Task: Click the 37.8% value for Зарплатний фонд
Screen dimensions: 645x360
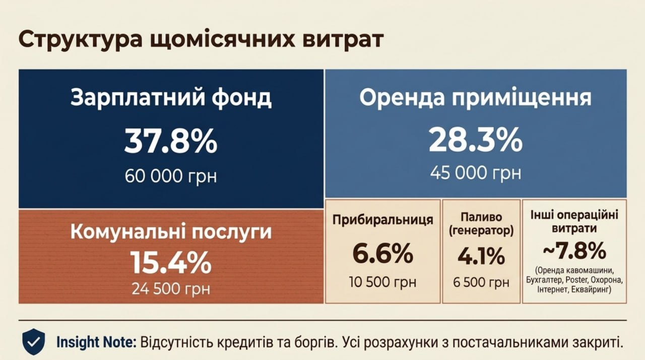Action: [171, 141]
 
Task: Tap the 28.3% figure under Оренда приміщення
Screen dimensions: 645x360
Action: [475, 140]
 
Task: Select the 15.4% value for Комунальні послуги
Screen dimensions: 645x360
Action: [171, 262]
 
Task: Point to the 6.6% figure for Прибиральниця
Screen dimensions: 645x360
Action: [382, 254]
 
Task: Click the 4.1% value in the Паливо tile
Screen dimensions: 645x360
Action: [481, 256]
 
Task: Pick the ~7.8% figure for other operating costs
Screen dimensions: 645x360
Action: [574, 251]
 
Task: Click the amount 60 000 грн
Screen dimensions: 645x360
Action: [171, 176]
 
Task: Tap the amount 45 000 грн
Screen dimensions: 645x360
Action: [476, 173]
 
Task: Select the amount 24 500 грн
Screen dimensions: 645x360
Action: [171, 288]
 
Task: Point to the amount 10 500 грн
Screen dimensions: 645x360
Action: [382, 282]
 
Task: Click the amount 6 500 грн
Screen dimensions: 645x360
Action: [481, 282]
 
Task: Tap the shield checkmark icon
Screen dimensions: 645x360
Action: [34, 342]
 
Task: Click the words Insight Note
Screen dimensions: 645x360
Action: [96, 342]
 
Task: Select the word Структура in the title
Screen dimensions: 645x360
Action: [81, 39]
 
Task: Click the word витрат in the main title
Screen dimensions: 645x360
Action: [343, 39]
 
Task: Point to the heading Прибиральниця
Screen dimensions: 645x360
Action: [382, 220]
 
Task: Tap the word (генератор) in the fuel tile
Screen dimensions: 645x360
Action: [481, 231]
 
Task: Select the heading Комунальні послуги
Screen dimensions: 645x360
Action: [171, 232]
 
